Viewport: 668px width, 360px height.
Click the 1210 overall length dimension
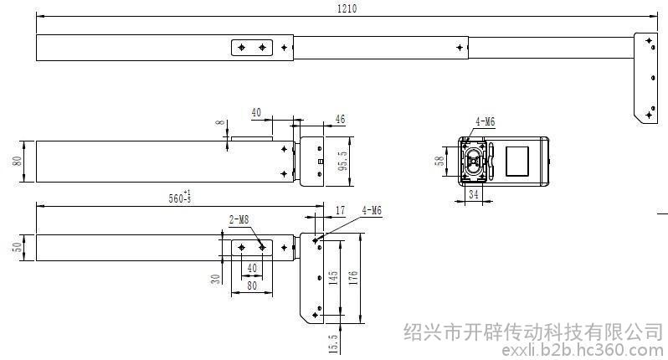[x=347, y=8]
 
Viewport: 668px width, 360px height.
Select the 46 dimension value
[x=340, y=120]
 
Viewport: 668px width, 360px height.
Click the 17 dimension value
[x=339, y=210]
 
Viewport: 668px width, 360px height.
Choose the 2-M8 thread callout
[x=239, y=219]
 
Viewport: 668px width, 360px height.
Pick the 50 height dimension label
[x=18, y=249]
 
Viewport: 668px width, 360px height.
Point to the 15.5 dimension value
[x=333, y=343]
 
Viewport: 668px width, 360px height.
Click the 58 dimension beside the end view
[x=439, y=161]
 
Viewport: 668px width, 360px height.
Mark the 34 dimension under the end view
[x=474, y=195]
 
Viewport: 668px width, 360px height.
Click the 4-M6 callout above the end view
[x=485, y=122]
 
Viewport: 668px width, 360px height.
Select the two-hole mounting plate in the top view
[x=252, y=48]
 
